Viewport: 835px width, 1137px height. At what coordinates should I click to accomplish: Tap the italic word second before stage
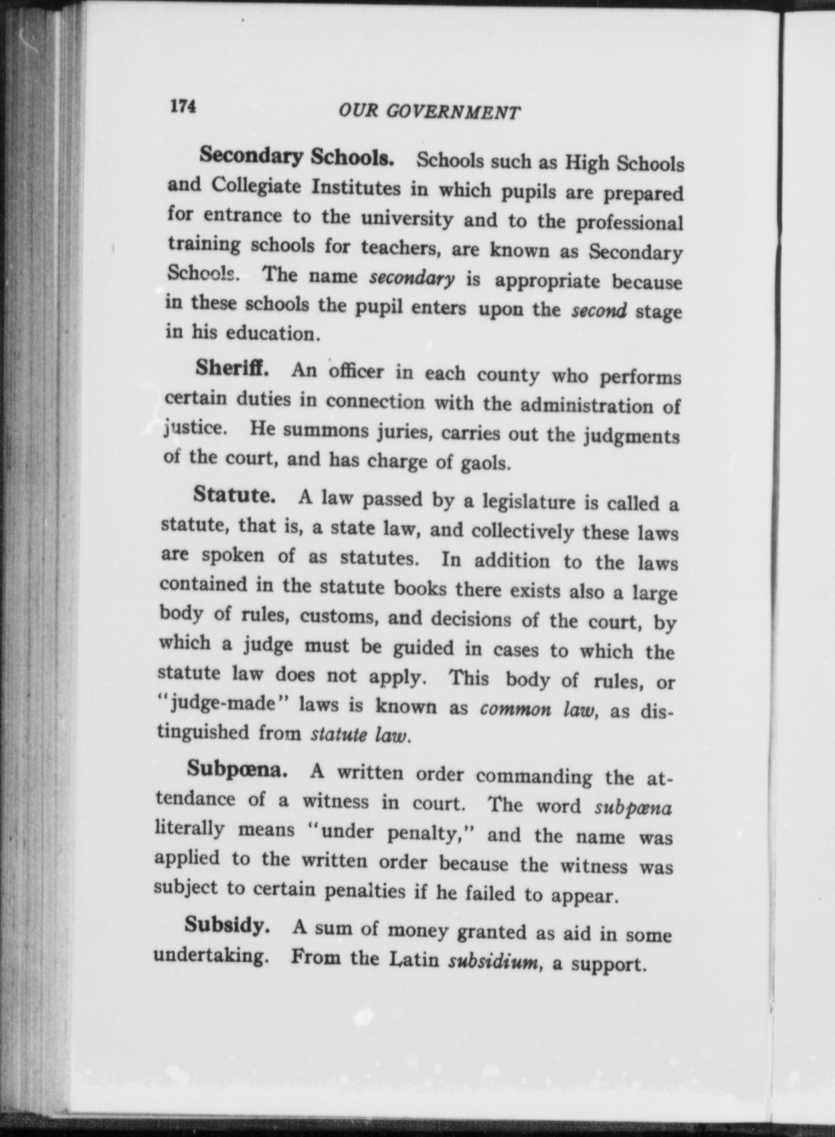pyautogui.click(x=599, y=309)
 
